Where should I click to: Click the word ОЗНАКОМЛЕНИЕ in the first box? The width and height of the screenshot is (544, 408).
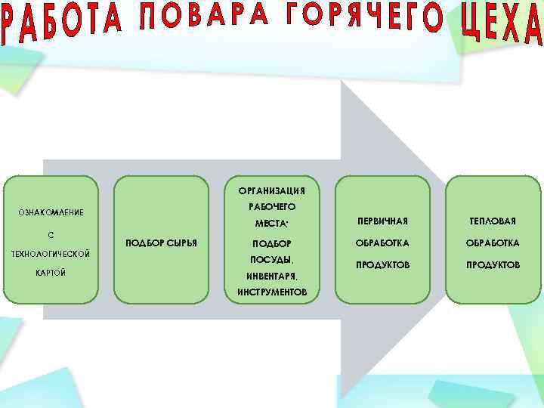click(x=51, y=213)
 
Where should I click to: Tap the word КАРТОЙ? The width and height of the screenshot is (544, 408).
click(x=51, y=273)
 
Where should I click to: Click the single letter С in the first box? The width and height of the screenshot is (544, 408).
click(x=51, y=233)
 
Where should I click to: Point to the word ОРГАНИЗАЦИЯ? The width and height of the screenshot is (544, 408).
click(x=271, y=190)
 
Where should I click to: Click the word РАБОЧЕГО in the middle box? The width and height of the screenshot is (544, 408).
click(x=271, y=206)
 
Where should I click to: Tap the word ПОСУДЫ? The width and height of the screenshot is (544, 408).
click(x=271, y=260)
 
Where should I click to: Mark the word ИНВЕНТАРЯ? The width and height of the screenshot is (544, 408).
click(x=271, y=276)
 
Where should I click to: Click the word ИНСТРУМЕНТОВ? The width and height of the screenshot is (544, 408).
click(x=271, y=292)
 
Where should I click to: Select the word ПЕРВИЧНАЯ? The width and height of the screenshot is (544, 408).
click(x=382, y=221)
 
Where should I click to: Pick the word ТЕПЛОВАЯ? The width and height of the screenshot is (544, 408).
click(x=493, y=221)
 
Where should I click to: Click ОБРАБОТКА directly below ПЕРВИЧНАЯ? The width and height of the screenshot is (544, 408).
click(x=382, y=243)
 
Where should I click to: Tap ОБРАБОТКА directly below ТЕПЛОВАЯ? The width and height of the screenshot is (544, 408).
click(x=493, y=243)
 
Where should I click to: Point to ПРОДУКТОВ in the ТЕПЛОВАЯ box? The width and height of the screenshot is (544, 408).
click(x=493, y=265)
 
